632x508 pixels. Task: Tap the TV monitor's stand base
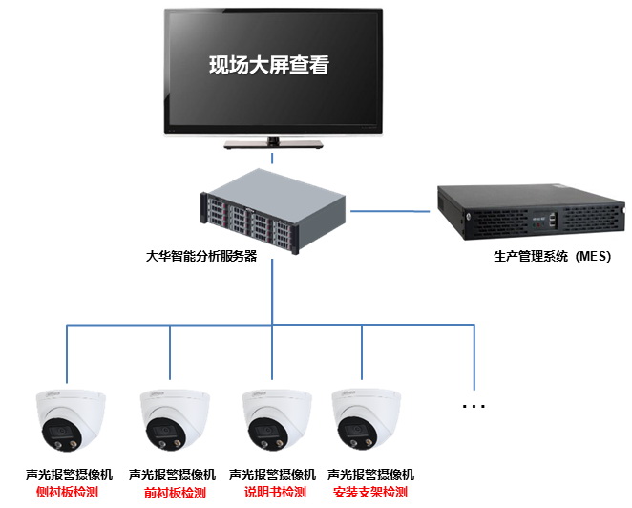tap(275, 144)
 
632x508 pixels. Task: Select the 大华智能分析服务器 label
tap(201, 256)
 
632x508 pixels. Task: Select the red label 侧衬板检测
tap(67, 493)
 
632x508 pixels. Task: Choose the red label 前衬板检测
tap(175, 493)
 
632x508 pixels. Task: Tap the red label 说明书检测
tap(275, 493)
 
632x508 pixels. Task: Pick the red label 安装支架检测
tap(370, 493)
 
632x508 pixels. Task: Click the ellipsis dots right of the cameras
tap(474, 406)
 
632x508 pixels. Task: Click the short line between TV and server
tap(273, 159)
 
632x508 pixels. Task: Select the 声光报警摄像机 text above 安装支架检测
tap(370, 475)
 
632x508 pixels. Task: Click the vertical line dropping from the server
tap(273, 291)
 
